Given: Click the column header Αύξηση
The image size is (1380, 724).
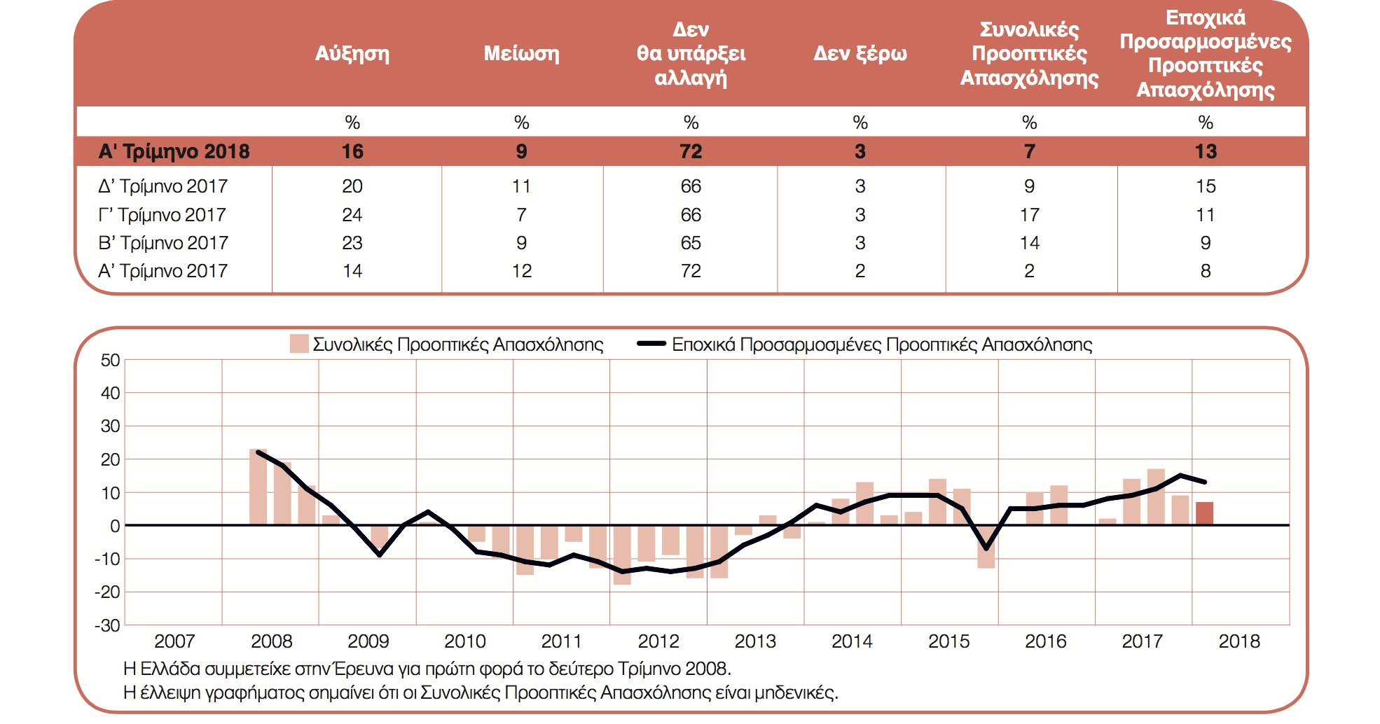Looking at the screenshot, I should tap(352, 54).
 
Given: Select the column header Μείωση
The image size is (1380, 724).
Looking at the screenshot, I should tap(521, 54).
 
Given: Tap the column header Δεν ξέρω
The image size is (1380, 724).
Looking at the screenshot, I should tap(860, 54).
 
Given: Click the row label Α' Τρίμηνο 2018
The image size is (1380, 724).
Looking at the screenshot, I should tap(174, 151).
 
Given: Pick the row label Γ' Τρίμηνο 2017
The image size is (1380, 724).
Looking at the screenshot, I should tap(163, 215).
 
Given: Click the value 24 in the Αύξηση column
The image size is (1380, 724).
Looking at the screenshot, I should tap(352, 215).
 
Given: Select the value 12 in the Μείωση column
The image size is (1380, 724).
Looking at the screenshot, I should tap(521, 271).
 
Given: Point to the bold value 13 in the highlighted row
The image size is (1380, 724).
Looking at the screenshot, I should tap(1205, 151).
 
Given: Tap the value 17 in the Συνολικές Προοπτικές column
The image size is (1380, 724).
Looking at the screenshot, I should tap(1029, 215).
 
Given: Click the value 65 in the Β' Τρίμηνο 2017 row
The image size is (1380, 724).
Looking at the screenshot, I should tap(691, 243).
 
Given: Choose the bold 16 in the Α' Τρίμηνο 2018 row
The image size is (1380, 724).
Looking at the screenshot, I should tap(352, 151).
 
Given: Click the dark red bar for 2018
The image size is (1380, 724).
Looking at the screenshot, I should tap(1204, 513).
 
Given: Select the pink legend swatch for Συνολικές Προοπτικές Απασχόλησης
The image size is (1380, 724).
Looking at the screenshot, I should tap(299, 344).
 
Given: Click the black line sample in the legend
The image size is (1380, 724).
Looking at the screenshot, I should tap(651, 344).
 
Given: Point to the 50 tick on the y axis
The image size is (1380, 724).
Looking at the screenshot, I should tap(111, 361).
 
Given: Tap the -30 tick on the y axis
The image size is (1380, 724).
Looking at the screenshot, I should tap(108, 625).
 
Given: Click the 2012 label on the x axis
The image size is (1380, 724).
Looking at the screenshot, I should tap(658, 641).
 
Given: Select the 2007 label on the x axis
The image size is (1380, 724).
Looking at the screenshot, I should tap(174, 641).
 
